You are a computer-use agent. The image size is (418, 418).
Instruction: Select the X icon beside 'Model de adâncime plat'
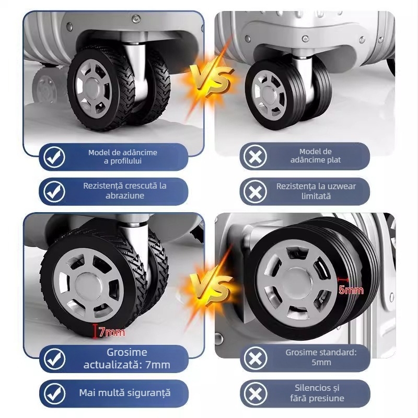point(256,157)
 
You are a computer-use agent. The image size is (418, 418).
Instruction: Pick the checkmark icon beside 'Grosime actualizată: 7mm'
point(54,359)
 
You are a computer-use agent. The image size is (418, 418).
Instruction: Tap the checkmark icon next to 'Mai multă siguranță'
point(54,393)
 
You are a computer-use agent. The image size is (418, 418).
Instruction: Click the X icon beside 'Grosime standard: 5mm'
point(256,358)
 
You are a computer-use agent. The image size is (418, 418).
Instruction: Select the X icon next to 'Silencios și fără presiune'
point(256,393)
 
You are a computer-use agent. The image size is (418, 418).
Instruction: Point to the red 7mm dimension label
point(114,331)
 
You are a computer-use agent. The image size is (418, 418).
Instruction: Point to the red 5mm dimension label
point(350,289)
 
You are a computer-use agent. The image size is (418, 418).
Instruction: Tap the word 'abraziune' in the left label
point(124,196)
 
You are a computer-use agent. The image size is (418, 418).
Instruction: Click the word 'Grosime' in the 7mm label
point(127,352)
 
